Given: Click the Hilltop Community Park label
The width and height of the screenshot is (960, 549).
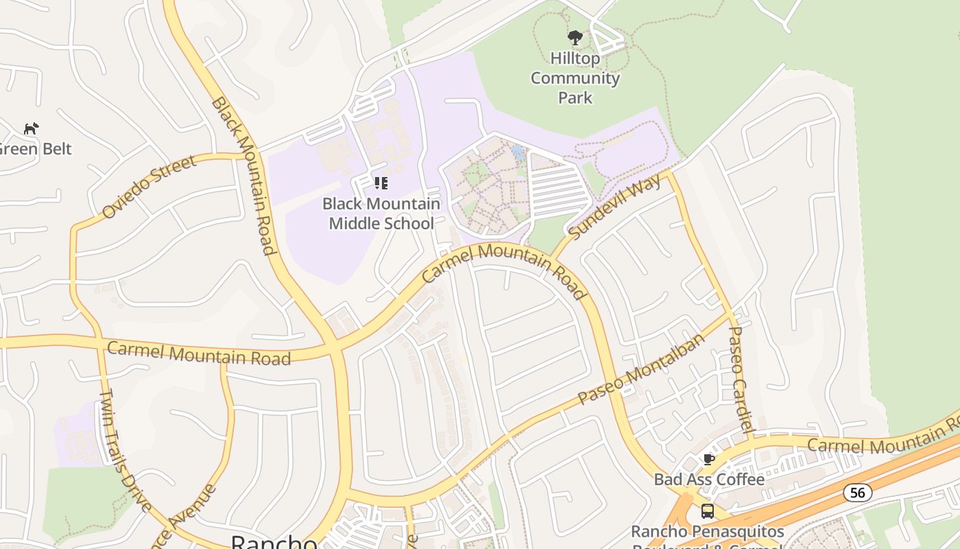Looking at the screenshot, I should click(575, 78).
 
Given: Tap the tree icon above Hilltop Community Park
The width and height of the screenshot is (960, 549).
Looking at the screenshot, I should click(575, 37).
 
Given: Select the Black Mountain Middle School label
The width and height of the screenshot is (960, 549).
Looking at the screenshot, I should click(381, 213).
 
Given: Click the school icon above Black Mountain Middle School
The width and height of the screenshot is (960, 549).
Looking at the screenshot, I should click(381, 183).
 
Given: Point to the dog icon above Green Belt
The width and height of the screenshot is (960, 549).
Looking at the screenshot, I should click(32, 128).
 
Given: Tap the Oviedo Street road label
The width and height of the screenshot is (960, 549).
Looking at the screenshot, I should click(149, 187).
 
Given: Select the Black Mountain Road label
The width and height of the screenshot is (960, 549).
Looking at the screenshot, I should click(243, 175).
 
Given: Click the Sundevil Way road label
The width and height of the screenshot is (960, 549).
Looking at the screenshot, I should click(615, 207).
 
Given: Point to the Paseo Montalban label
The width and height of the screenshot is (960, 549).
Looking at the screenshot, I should click(640, 370).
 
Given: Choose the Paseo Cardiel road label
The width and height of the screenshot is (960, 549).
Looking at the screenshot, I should click(741, 379).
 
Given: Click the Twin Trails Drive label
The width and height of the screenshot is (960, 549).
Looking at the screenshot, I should click(125, 449).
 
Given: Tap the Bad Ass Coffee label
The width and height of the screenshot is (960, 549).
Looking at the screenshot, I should click(708, 479).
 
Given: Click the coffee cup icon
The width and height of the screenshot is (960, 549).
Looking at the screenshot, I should click(708, 459).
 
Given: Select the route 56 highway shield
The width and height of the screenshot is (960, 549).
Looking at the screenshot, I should click(857, 492).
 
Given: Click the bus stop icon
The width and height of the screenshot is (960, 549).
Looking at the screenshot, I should click(707, 511).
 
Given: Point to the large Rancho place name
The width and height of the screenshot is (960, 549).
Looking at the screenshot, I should click(274, 541).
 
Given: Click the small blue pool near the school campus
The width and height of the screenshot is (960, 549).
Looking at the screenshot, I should click(518, 152).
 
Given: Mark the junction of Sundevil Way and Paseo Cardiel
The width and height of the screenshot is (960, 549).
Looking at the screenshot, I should click(670, 173).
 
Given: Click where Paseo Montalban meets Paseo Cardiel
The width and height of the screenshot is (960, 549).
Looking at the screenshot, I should click(731, 315).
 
